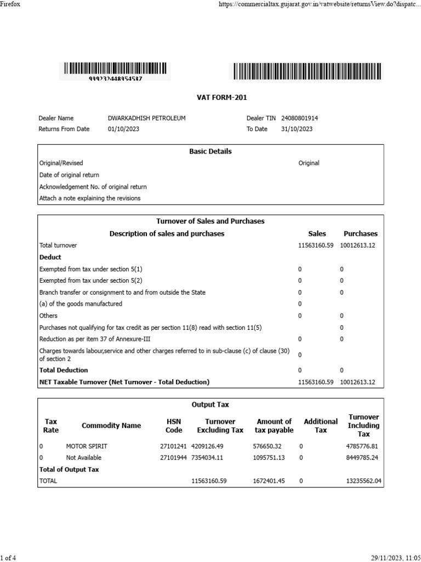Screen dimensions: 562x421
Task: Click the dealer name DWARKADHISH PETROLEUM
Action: click(147, 118)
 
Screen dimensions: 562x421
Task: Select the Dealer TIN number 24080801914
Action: click(299, 118)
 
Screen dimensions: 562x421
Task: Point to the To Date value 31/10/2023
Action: click(297, 129)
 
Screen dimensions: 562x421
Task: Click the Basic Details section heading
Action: click(210, 151)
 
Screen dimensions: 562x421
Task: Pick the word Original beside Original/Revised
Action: click(309, 163)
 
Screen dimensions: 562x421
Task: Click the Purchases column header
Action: click(360, 234)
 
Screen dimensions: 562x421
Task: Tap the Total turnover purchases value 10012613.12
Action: click(357, 245)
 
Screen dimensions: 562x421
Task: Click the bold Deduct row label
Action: click(50, 257)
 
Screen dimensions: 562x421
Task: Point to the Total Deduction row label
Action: click(64, 370)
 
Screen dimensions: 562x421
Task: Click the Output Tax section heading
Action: click(210, 404)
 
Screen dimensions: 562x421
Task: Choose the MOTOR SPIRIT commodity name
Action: click(87, 446)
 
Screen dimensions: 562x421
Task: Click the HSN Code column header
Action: click(174, 426)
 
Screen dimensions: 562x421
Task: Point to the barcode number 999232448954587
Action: click(115, 79)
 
